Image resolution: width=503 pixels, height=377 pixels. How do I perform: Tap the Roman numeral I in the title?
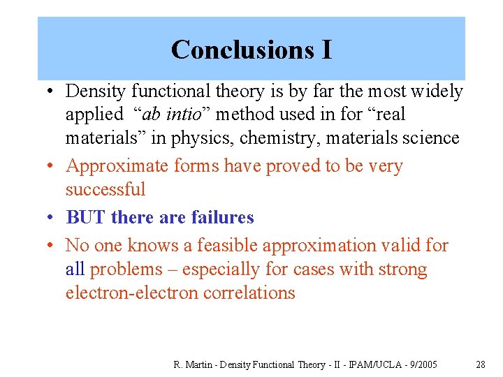pyautogui.click(x=326, y=50)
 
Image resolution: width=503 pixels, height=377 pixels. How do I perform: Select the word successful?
pyautogui.click(x=105, y=190)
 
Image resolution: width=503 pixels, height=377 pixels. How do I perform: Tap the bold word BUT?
pyautogui.click(x=86, y=218)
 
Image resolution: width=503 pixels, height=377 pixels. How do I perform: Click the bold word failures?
pyautogui.click(x=222, y=218)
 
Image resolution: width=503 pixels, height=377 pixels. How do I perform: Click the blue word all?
pyautogui.click(x=75, y=269)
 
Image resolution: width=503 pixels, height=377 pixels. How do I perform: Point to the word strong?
pyautogui.click(x=403, y=269)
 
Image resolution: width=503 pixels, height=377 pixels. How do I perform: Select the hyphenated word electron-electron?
pyautogui.click(x=132, y=293)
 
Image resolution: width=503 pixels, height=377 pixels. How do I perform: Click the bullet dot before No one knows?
pyautogui.click(x=52, y=246)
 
